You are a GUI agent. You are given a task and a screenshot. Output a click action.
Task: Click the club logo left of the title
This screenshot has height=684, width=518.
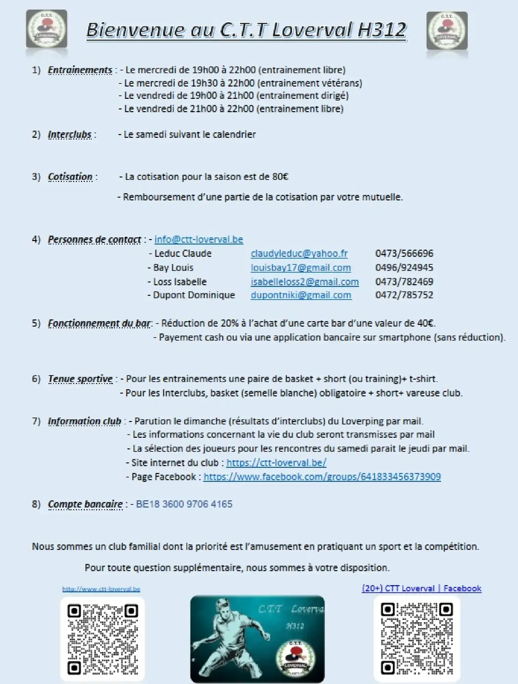[x=47, y=29]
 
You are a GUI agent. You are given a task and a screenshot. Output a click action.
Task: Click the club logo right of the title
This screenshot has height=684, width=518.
[x=447, y=31]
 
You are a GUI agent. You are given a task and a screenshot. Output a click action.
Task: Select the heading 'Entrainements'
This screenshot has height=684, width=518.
[x=80, y=70]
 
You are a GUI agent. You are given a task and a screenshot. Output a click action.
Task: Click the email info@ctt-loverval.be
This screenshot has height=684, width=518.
[x=199, y=239]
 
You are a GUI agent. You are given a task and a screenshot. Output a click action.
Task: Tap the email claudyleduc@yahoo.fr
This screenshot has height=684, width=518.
[x=299, y=253]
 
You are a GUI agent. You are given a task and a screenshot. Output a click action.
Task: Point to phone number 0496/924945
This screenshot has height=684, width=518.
[x=404, y=267]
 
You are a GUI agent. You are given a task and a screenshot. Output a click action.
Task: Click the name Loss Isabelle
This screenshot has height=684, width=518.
[x=180, y=282]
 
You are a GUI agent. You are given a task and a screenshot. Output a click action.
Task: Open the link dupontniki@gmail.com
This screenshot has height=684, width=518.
[x=301, y=295]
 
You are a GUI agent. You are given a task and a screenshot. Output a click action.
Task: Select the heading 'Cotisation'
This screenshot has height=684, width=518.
[x=70, y=177]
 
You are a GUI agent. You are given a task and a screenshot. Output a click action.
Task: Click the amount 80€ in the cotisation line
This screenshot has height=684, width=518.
[x=280, y=177]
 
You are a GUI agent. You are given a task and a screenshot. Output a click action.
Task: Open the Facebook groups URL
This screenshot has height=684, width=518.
[x=322, y=477]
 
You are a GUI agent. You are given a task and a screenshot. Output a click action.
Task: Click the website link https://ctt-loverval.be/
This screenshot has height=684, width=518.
[x=276, y=463]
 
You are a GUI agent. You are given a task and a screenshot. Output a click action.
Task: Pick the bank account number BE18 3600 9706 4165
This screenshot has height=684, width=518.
[x=184, y=504]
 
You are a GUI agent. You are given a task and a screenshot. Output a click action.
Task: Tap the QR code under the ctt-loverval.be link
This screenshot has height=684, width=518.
[x=103, y=639]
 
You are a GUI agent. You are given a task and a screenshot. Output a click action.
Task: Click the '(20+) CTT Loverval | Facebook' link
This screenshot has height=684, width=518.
[x=422, y=588]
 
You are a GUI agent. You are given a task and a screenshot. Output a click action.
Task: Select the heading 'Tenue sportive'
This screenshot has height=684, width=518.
[x=80, y=379]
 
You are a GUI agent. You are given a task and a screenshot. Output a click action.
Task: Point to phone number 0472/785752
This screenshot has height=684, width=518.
[x=404, y=295]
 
